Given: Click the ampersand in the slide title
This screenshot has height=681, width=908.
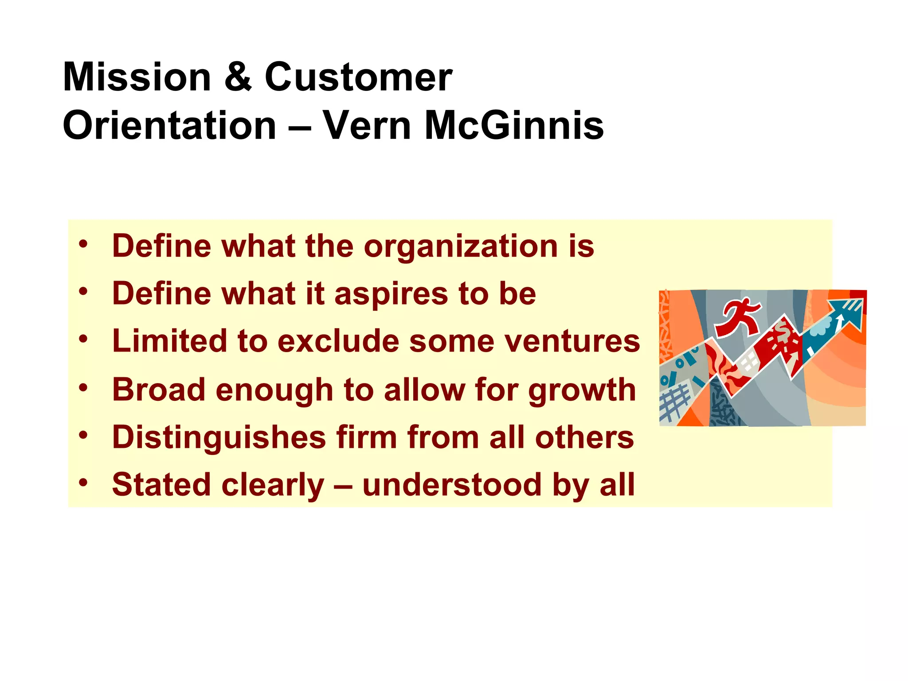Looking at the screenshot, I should (x=238, y=77).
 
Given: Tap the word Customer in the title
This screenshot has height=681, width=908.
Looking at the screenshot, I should (x=358, y=77).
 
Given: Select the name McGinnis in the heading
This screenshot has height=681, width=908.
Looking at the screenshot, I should (x=514, y=125).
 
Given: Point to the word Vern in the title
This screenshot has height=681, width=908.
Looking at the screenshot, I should (x=368, y=125).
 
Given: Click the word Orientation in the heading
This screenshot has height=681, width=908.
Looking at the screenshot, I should (x=170, y=125).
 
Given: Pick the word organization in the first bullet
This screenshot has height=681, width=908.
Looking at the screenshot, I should (x=461, y=247).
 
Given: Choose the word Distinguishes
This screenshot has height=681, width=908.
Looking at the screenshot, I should (x=219, y=438).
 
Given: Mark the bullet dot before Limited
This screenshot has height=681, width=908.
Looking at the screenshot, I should (x=83, y=339).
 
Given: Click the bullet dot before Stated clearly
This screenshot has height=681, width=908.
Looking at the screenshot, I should (x=83, y=482).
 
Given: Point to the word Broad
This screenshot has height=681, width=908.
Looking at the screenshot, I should (x=159, y=390).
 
